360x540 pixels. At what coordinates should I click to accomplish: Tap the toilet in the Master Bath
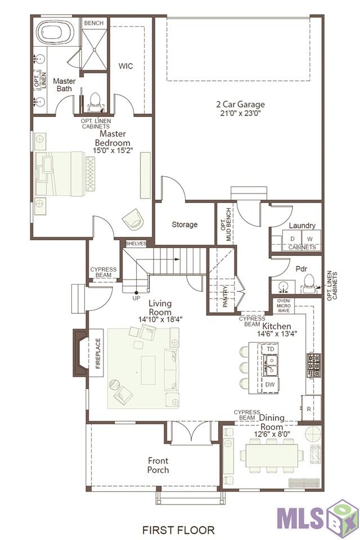pos(94,102)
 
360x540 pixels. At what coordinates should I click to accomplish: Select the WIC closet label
pos(126,66)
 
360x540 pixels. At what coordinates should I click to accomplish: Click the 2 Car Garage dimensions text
pos(240,113)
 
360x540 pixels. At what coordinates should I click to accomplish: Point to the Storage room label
pos(184,224)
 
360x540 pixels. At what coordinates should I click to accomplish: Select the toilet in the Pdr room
pos(310,283)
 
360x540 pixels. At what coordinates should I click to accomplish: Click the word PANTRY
pos(225,296)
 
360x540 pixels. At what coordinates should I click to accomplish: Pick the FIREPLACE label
pos(98,353)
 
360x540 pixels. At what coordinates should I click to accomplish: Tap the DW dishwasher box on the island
pos(270,385)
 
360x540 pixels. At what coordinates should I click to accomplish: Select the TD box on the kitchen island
pos(271,349)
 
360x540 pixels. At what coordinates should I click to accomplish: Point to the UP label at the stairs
pos(137,298)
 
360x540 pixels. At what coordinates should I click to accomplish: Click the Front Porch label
pos(158,465)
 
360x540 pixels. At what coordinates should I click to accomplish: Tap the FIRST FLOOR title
pos(178,530)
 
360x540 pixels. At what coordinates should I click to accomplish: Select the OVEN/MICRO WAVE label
pos(283,305)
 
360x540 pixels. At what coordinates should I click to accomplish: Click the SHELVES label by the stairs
pos(136,243)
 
